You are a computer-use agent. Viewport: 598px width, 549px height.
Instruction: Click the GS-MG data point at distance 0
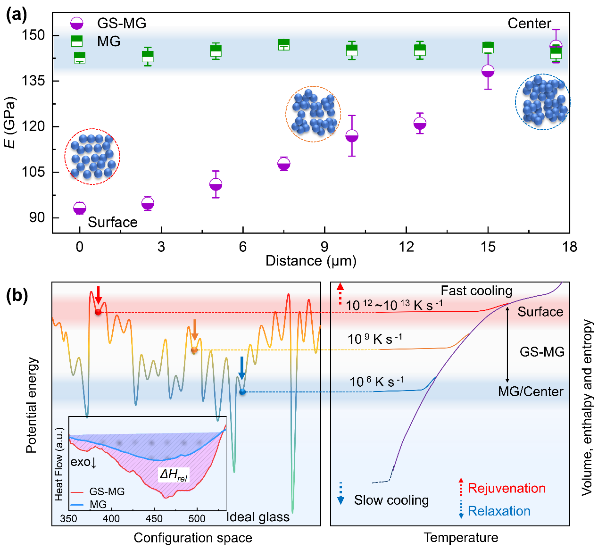tap(80, 208)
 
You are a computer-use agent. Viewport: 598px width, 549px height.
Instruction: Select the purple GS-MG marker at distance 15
tap(488, 71)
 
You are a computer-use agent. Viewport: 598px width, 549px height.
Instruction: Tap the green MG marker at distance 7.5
tap(284, 44)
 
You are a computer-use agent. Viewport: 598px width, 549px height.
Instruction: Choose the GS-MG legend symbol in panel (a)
tap(77, 23)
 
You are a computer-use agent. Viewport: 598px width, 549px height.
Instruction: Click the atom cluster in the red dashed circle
tap(92, 156)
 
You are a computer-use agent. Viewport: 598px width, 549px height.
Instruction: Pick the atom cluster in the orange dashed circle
tap(313, 114)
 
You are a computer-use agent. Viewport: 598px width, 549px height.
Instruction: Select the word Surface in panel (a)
tap(113, 222)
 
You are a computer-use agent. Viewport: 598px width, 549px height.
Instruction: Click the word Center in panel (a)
tap(529, 24)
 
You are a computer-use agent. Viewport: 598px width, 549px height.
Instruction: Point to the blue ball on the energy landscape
tap(242, 392)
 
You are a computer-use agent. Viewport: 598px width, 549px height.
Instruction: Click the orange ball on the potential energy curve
tap(194, 350)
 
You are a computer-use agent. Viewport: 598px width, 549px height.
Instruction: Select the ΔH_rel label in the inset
tap(174, 475)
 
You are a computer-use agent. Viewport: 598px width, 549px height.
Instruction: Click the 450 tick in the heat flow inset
tap(154, 519)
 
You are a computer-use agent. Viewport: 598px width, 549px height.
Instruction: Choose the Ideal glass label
tap(258, 517)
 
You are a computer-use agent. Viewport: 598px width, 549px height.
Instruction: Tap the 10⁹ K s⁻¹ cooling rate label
tap(375, 339)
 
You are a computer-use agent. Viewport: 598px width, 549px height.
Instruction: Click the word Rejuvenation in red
tap(507, 488)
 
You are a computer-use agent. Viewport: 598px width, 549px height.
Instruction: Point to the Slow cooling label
tap(391, 500)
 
